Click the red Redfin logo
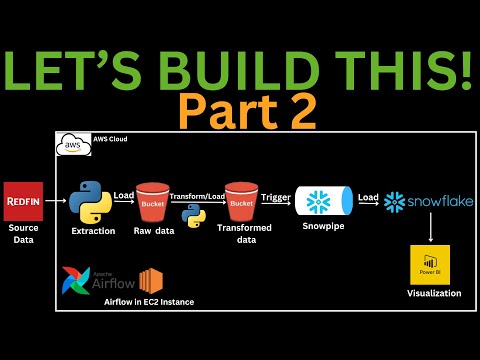point(21,197)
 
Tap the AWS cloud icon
point(70,144)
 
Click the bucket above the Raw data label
point(154,203)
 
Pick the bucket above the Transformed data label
point(241,203)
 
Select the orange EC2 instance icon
point(151,280)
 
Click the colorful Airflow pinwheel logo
point(76,281)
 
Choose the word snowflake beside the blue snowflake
point(440,201)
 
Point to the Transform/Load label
point(197,195)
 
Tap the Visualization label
point(434,294)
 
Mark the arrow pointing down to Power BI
point(431,232)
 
